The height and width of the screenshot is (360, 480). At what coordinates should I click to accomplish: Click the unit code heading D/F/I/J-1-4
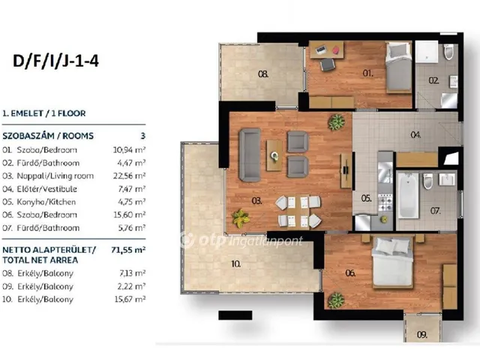(x=55, y=61)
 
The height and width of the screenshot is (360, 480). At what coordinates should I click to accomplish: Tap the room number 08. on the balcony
(x=263, y=74)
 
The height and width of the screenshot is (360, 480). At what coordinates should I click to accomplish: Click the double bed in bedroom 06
(x=393, y=261)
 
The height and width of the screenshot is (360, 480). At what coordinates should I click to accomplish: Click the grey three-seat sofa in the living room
(x=250, y=154)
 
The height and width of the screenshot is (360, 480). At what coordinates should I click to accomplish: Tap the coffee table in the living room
(x=274, y=155)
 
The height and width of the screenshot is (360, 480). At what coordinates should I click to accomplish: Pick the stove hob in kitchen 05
(x=385, y=202)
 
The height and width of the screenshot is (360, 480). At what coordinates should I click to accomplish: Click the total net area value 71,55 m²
(x=128, y=250)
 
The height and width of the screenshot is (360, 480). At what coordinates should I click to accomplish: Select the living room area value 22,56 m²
(x=129, y=175)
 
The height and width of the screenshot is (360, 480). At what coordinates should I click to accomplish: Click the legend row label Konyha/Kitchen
(x=46, y=202)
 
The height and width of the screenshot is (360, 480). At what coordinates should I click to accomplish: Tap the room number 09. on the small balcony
(x=422, y=334)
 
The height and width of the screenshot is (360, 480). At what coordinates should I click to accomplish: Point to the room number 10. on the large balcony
(x=235, y=264)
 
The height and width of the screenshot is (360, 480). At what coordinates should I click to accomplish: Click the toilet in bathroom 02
(x=448, y=52)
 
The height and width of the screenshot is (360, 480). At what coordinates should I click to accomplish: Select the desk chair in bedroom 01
(x=327, y=64)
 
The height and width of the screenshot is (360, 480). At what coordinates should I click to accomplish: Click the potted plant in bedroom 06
(x=336, y=300)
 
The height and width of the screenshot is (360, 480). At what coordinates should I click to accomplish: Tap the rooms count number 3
(x=143, y=136)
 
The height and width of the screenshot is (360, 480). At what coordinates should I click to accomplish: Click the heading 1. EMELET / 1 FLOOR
(x=44, y=113)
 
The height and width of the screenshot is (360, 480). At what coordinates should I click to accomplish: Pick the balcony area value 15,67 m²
(x=130, y=299)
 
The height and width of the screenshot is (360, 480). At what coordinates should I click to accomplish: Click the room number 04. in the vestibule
(x=415, y=135)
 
